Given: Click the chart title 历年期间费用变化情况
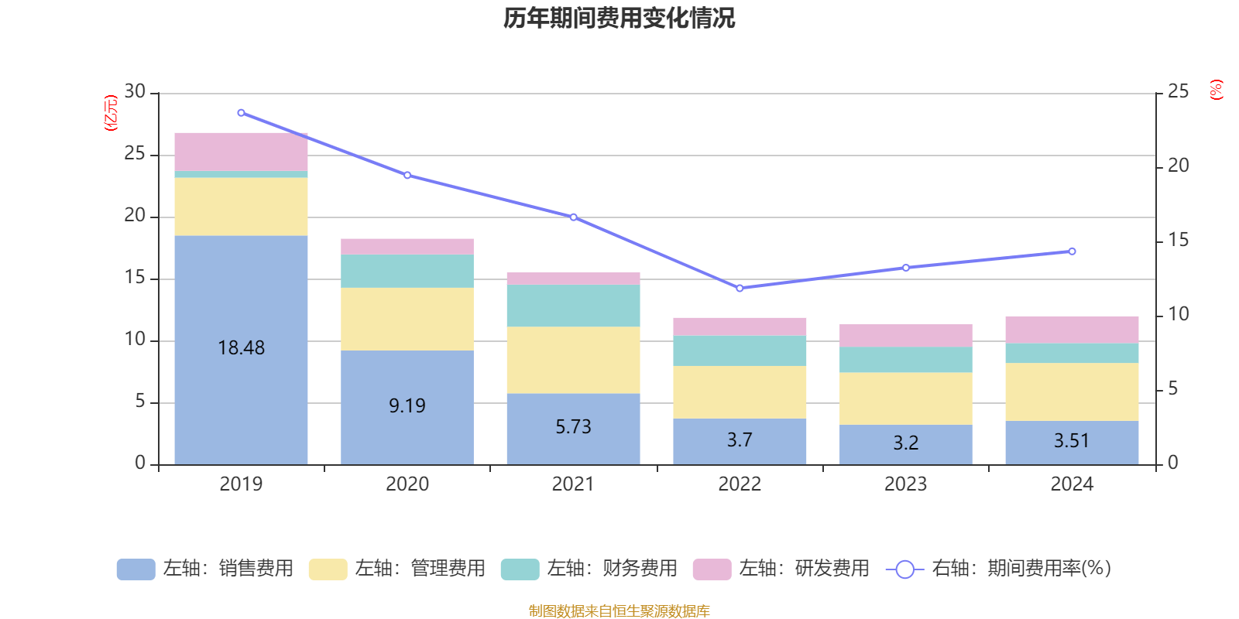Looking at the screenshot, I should (x=619, y=18).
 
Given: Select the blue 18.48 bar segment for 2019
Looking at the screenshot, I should (x=241, y=309).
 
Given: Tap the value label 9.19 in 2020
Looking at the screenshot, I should (x=407, y=405).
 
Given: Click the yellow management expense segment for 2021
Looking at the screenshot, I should (x=573, y=360).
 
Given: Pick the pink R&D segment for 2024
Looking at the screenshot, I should (x=1072, y=330).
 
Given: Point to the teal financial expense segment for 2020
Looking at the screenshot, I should (x=407, y=272).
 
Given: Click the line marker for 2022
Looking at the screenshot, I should (x=740, y=288).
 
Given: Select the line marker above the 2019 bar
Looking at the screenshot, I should (x=241, y=113).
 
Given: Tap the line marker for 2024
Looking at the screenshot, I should (x=1072, y=251).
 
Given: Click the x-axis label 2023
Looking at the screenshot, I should (x=905, y=484).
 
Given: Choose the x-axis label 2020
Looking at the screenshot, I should (x=407, y=484).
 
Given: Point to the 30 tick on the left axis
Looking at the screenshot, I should (x=135, y=91).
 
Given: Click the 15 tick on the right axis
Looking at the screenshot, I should (x=1178, y=240).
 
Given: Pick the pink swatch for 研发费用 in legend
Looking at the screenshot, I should (x=712, y=569).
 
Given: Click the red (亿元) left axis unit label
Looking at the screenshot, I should (x=111, y=113).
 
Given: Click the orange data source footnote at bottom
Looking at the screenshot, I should (x=619, y=611).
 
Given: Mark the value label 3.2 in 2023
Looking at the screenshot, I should (x=905, y=443).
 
